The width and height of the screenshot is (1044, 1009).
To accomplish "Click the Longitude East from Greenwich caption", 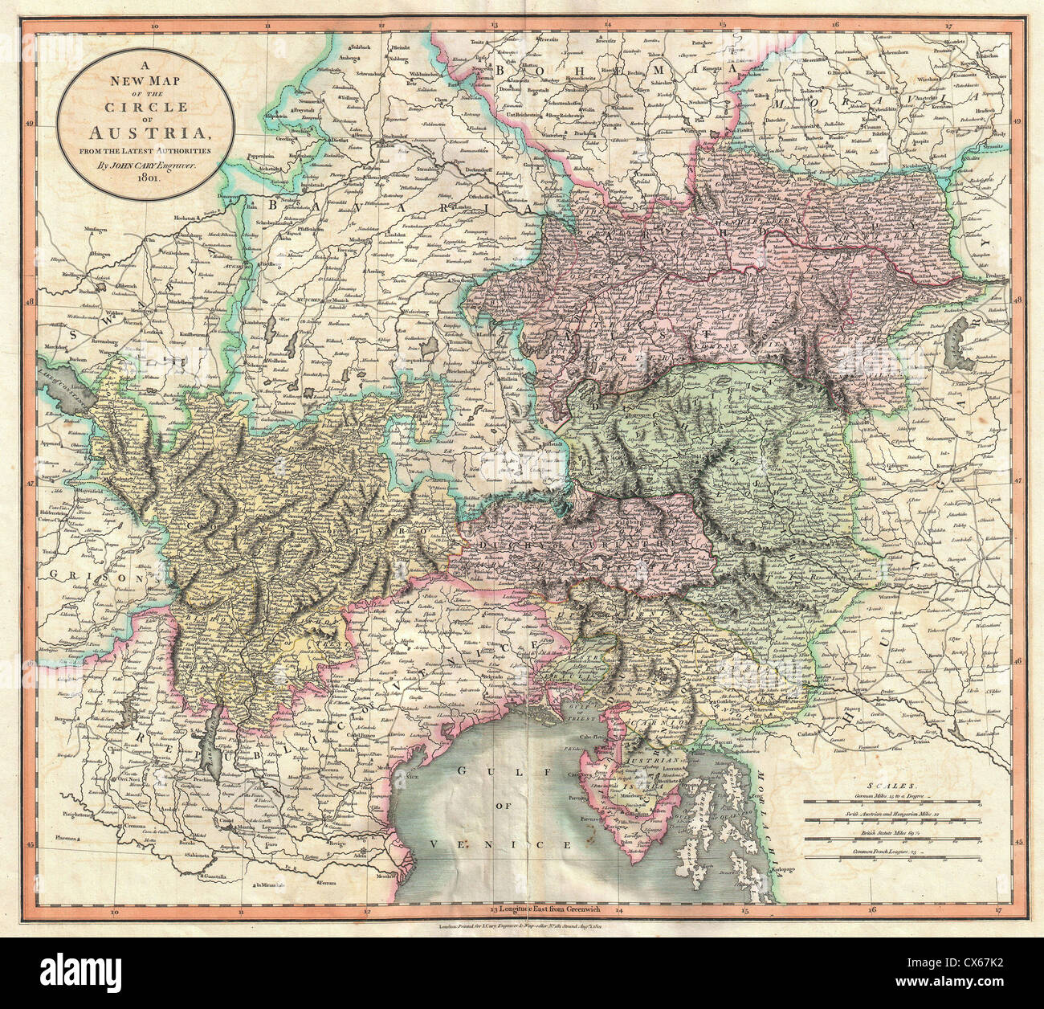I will (552, 910).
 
